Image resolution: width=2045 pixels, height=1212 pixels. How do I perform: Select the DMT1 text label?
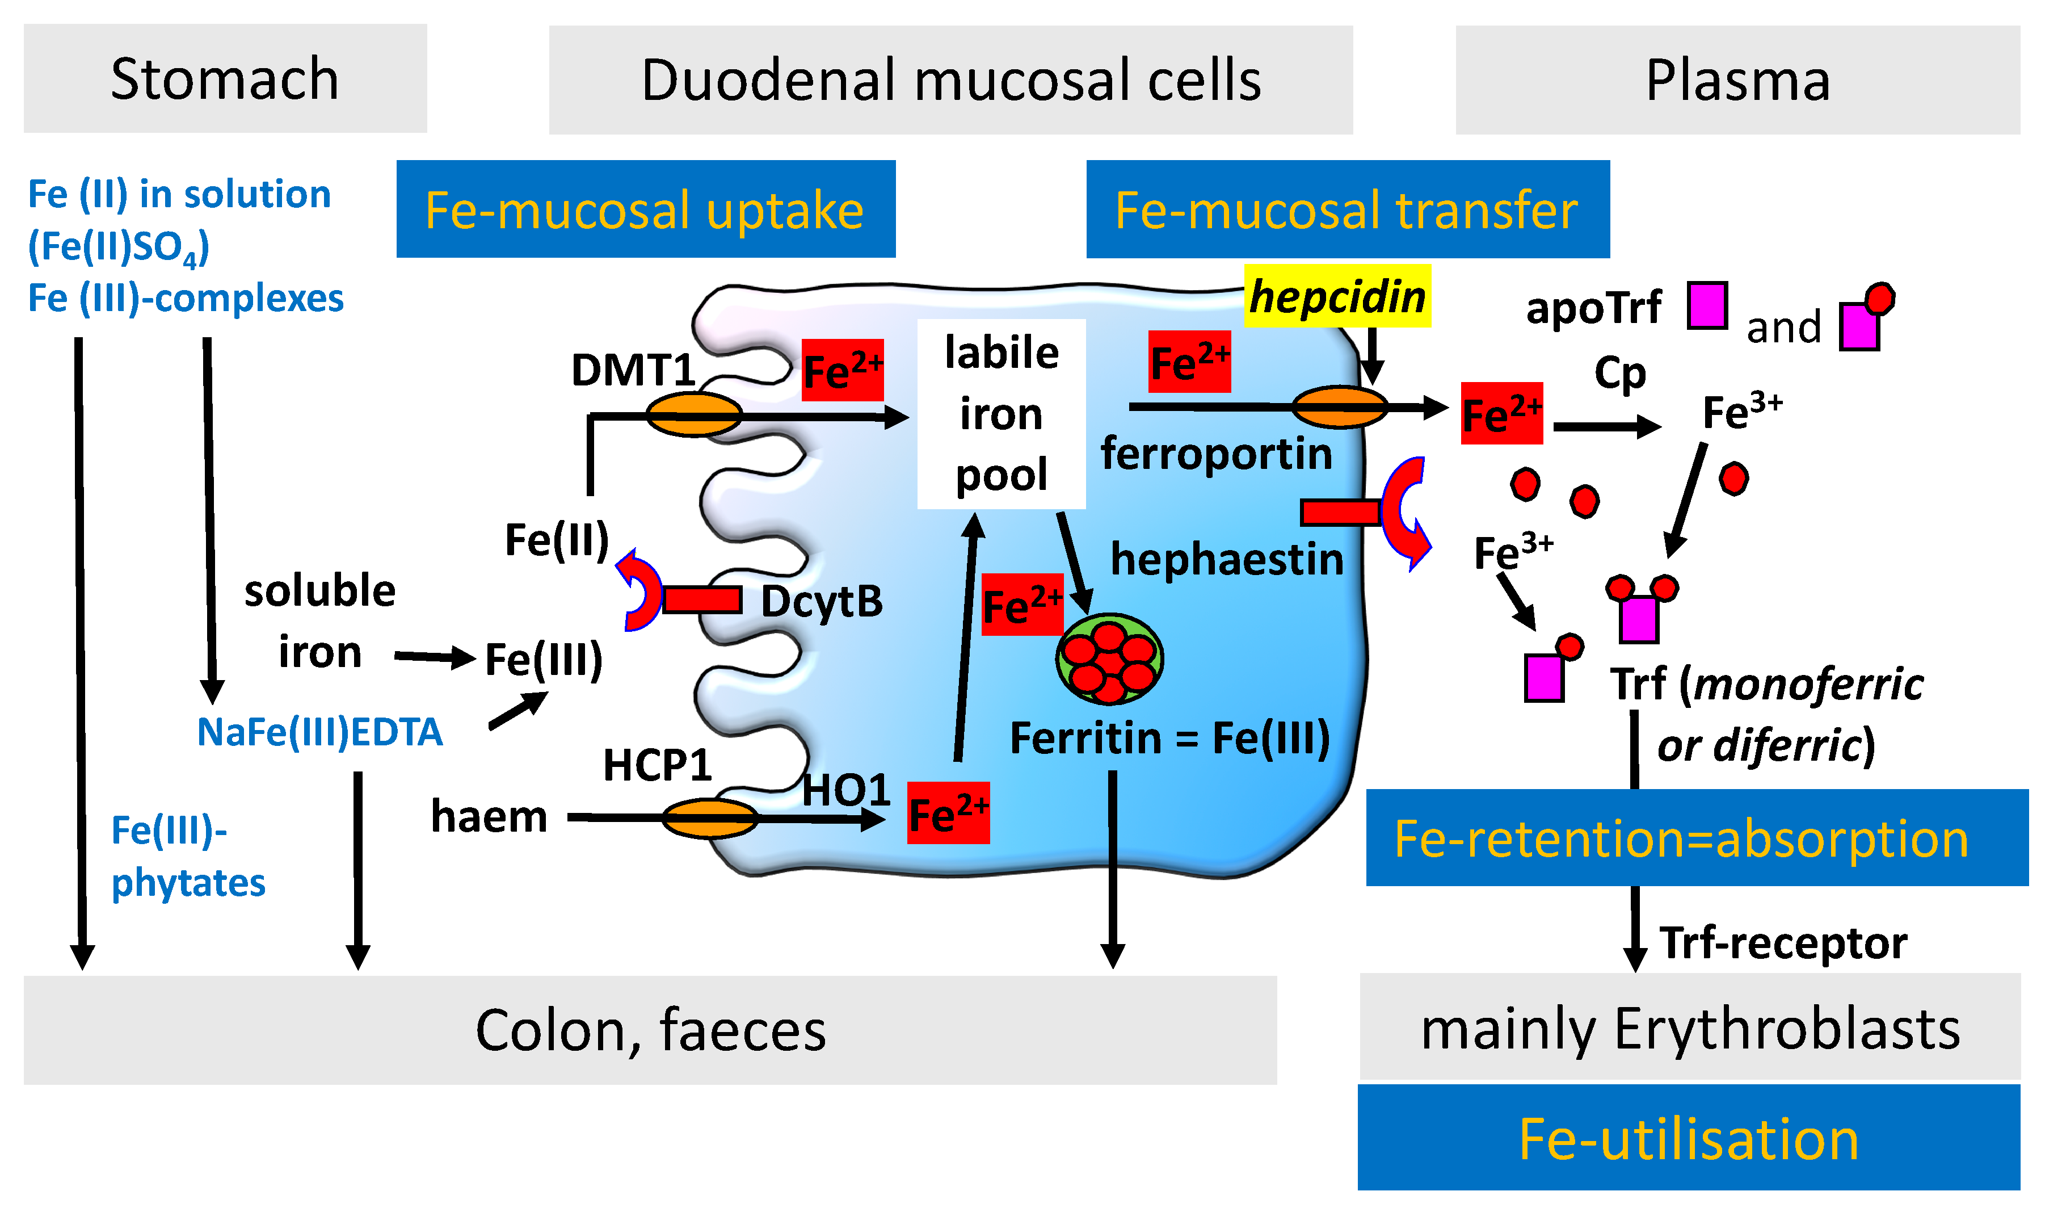[633, 370]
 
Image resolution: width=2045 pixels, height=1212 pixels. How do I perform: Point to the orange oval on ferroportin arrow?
[1340, 406]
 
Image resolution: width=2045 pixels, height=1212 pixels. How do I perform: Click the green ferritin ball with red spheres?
[1109, 659]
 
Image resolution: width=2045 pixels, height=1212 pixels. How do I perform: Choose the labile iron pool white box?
[1001, 413]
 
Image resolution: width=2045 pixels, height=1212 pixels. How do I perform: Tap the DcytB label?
[821, 602]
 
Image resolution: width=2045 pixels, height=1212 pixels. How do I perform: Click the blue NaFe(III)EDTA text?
[319, 732]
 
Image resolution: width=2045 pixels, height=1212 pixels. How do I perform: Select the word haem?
[489, 817]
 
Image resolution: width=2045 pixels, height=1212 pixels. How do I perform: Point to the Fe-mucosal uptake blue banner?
[645, 210]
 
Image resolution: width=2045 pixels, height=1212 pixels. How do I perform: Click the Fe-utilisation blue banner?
[1688, 1139]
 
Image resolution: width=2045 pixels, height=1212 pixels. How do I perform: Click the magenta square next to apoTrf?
[1707, 305]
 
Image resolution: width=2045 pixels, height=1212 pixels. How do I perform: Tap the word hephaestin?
[1226, 560]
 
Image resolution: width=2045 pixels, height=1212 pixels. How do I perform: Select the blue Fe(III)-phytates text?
[188, 857]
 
